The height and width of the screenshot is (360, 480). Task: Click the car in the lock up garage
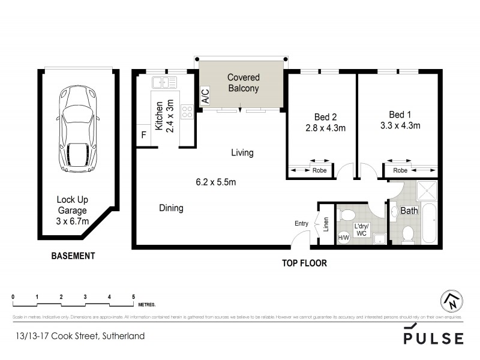pyautogui.click(x=78, y=128)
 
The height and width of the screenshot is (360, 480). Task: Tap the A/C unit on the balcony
pyautogui.click(x=205, y=97)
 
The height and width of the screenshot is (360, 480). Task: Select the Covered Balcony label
pyautogui.click(x=242, y=83)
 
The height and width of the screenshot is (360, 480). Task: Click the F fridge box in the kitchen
pyautogui.click(x=143, y=136)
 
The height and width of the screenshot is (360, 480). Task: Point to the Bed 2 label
pyautogui.click(x=322, y=116)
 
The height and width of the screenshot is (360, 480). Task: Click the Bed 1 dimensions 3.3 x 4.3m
pyautogui.click(x=400, y=126)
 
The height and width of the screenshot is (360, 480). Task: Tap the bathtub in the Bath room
pyautogui.click(x=430, y=223)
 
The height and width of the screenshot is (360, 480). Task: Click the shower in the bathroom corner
pyautogui.click(x=427, y=191)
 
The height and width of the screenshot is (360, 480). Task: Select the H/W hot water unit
pyautogui.click(x=344, y=237)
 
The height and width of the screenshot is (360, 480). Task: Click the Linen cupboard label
pyautogui.click(x=326, y=224)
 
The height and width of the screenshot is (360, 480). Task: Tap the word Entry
pyautogui.click(x=301, y=224)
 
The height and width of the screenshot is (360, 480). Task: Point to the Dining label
pyautogui.click(x=171, y=208)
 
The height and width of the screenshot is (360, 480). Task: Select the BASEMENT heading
pyautogui.click(x=73, y=256)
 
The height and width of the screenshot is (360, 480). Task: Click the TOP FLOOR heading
pyautogui.click(x=304, y=263)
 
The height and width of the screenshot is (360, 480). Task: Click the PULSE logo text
pyautogui.click(x=433, y=337)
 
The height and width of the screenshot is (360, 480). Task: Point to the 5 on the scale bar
pyautogui.click(x=133, y=297)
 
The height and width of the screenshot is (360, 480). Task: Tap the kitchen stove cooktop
pyautogui.click(x=187, y=110)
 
